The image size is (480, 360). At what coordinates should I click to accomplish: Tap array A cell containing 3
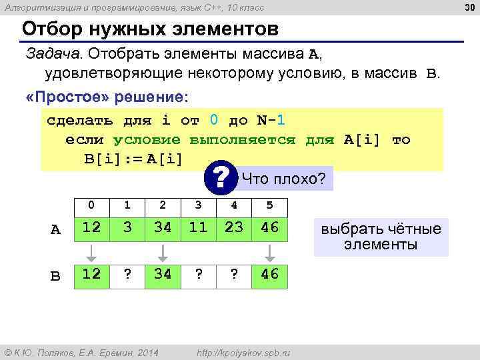(x=127, y=227)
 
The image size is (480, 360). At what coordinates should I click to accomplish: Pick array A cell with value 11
(x=198, y=227)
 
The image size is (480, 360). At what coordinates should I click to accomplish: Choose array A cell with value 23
(x=234, y=227)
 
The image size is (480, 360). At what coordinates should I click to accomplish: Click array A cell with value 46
(x=269, y=227)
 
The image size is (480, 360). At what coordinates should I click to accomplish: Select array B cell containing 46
(x=269, y=275)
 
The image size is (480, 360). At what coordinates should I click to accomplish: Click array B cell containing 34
(x=163, y=275)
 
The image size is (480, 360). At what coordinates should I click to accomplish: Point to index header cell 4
(x=234, y=205)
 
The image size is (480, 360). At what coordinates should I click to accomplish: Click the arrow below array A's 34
(x=163, y=251)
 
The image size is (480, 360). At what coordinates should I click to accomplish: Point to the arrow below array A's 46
(x=269, y=251)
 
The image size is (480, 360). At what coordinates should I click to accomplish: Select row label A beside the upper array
(x=56, y=230)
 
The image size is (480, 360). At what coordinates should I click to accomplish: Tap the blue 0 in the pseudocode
(x=213, y=121)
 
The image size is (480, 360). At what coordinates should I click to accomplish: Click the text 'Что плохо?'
(x=283, y=179)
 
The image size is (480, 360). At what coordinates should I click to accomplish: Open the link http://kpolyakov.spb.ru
(x=240, y=351)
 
